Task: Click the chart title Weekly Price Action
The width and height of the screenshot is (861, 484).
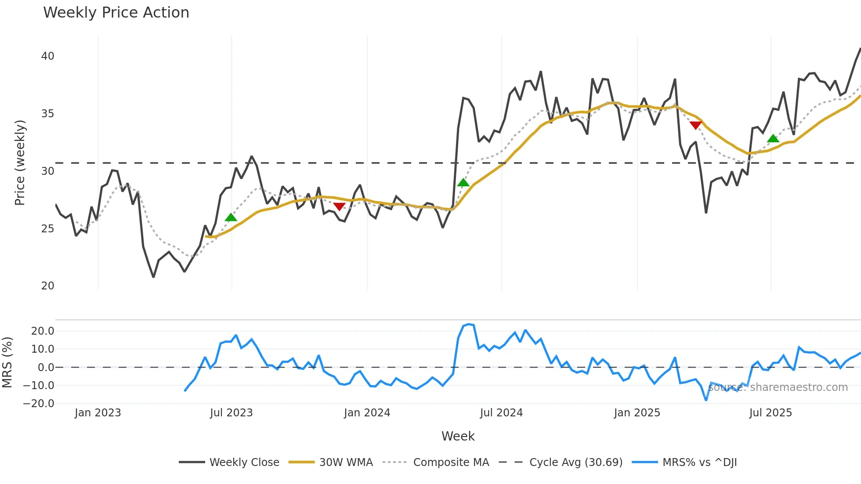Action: [x=116, y=13]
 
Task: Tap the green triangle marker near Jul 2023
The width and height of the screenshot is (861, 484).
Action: [x=231, y=217]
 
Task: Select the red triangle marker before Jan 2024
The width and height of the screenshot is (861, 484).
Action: [x=339, y=206]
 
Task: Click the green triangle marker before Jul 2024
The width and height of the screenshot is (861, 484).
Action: [x=463, y=183]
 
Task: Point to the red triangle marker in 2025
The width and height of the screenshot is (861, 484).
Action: [x=695, y=125]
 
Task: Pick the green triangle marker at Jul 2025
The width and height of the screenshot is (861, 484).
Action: [x=773, y=139]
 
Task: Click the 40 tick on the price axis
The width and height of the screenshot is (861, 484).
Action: [x=47, y=56]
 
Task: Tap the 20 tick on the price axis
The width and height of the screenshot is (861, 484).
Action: [x=47, y=286]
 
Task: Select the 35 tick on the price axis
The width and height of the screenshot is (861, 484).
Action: [x=47, y=114]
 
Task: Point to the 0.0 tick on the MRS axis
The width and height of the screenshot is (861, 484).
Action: [x=46, y=368]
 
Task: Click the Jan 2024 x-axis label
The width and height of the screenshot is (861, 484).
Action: [x=367, y=413]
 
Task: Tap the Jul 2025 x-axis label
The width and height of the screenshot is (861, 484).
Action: [x=771, y=413]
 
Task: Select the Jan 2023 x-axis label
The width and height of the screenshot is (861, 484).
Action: [x=98, y=413]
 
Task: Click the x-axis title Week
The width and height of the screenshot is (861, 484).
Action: [x=458, y=436]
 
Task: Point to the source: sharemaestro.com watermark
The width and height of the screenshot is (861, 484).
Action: [x=778, y=387]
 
